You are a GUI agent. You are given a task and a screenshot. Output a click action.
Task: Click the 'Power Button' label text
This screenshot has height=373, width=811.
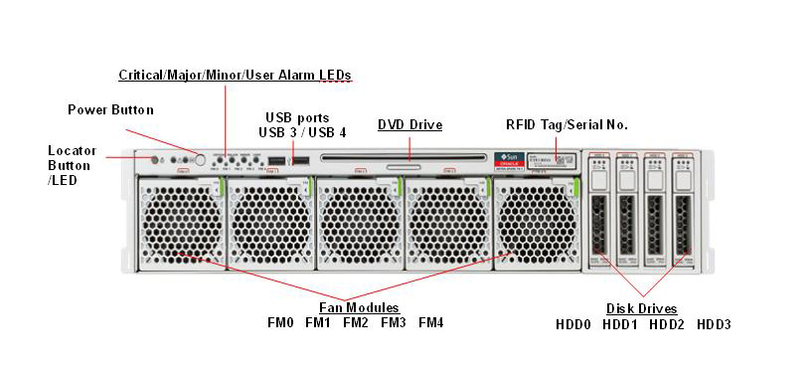tap(110, 108)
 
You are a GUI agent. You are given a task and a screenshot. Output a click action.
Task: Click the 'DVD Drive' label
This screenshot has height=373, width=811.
tap(409, 124)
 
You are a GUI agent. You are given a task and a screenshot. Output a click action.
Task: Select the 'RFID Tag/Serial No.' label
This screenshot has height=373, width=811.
tap(567, 124)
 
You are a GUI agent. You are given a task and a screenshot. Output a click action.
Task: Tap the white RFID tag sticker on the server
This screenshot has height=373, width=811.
tap(564, 160)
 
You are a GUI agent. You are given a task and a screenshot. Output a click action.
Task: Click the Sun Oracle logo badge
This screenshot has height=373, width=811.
tap(509, 161)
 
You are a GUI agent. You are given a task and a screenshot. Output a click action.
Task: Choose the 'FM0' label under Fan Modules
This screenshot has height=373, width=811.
tap(280, 323)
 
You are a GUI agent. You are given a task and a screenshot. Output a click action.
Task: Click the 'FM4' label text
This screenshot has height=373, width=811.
tap(431, 323)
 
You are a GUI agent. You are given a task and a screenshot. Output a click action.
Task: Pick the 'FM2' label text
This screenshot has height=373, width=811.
tap(356, 323)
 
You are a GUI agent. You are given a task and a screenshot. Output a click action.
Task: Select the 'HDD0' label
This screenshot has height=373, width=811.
tap(573, 324)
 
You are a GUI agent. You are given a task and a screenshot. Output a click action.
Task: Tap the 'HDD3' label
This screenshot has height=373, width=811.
tap(714, 324)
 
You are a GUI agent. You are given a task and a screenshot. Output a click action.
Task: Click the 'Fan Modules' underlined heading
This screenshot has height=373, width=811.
tap(358, 307)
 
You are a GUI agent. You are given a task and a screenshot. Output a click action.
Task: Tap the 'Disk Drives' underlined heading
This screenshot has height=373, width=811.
tap(641, 308)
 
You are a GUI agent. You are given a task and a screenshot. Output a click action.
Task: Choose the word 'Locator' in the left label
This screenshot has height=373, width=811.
tap(72, 150)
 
